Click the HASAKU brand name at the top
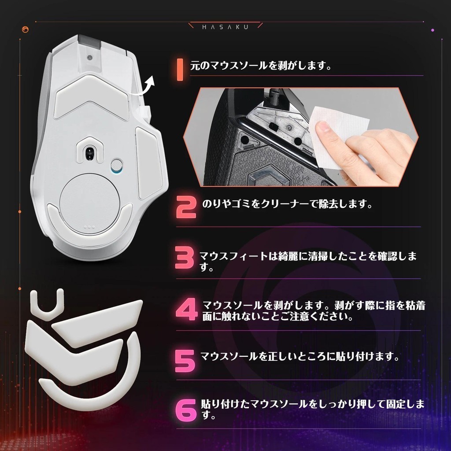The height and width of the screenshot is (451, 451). click(x=225, y=27)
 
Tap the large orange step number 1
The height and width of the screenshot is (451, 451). click(x=180, y=70)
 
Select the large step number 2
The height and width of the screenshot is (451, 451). click(x=186, y=207)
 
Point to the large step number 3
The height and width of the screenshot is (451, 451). click(x=185, y=258)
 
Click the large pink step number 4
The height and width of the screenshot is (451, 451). click(x=186, y=309)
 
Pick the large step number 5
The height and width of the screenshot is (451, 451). click(x=185, y=361)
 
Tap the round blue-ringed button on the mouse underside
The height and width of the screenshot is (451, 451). click(x=117, y=166)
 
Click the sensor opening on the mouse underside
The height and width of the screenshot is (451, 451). click(x=90, y=152)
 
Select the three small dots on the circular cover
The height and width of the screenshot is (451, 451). click(x=89, y=227)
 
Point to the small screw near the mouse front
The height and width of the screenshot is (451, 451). click(x=90, y=57)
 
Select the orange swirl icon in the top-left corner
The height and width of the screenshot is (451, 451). click(x=25, y=30)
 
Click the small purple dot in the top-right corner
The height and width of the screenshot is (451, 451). click(x=433, y=30)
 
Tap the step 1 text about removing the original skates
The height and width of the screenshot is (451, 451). click(x=261, y=66)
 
